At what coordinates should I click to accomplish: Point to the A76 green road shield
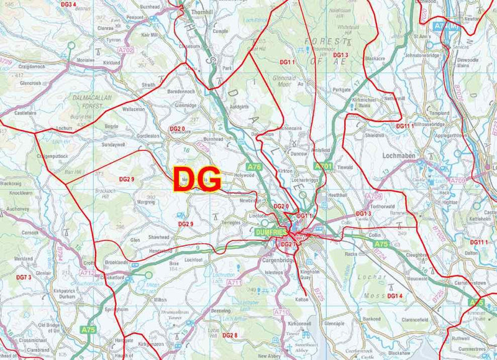click(253, 167)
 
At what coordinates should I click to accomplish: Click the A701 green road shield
click(324, 167)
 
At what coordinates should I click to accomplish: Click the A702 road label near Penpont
click(126, 50)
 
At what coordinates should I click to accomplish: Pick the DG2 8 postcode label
click(230, 335)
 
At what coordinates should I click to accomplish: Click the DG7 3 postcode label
click(24, 277)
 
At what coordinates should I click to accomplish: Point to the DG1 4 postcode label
click(395, 295)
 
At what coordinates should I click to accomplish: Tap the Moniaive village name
click(85, 60)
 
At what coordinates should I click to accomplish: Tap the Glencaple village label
click(334, 324)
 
